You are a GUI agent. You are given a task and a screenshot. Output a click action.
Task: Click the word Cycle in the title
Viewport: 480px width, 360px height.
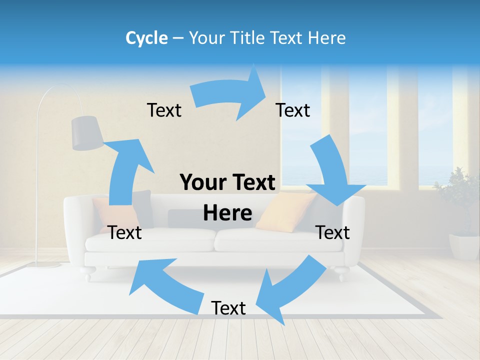click(146, 38)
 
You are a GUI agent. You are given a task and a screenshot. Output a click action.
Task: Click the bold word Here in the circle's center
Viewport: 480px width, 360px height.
click(227, 213)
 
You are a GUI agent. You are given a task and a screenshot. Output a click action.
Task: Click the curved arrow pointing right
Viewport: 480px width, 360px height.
click(230, 95)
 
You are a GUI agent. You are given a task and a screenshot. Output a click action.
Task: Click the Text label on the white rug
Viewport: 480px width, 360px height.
click(228, 308)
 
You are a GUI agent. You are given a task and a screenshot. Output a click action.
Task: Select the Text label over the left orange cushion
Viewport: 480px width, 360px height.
click(124, 232)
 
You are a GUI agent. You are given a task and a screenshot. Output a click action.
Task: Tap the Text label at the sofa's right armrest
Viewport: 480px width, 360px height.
click(332, 232)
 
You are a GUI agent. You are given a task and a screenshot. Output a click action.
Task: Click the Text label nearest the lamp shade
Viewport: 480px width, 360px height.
click(164, 110)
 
